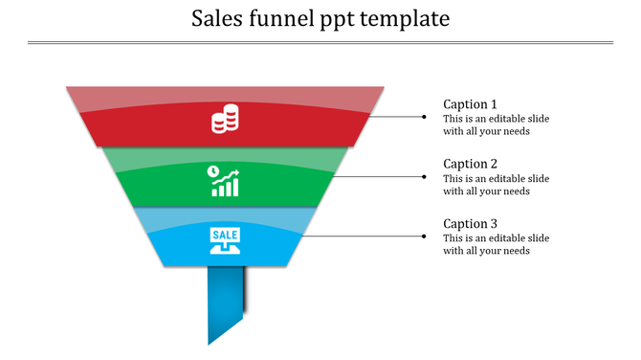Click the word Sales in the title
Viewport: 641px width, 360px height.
(x=216, y=18)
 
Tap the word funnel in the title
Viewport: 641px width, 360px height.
(x=280, y=18)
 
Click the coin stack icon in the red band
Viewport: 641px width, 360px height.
(x=225, y=123)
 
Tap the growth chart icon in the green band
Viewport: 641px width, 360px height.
(x=225, y=181)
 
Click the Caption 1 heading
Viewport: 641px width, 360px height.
(x=470, y=104)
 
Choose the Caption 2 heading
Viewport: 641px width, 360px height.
(x=470, y=164)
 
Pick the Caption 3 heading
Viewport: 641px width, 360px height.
(x=470, y=224)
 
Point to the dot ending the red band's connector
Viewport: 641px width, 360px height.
(x=425, y=117)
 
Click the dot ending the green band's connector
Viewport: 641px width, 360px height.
(x=425, y=176)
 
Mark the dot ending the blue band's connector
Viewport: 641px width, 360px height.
(x=425, y=236)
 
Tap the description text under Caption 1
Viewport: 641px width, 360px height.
(x=496, y=125)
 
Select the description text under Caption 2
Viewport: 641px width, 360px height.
(x=496, y=185)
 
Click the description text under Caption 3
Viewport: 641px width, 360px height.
(x=496, y=244)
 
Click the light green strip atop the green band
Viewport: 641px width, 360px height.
(x=225, y=155)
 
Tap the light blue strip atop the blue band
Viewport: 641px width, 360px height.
(x=225, y=215)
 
